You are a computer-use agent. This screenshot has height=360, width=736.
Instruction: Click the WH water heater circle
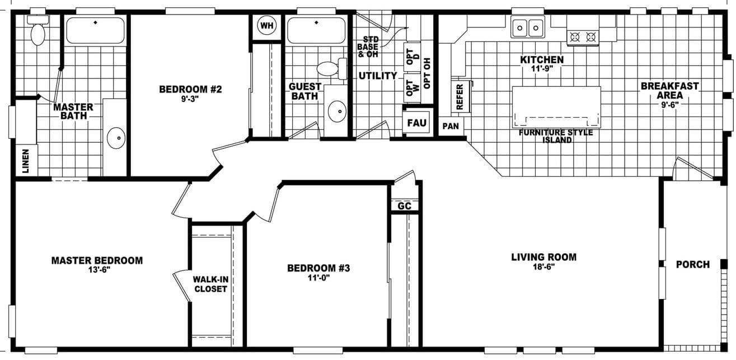(267, 26)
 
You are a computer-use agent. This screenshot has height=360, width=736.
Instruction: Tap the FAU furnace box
(416, 123)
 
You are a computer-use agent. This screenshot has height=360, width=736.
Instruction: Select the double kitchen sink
(528, 26)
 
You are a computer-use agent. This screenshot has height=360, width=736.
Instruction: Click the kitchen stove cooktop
(582, 38)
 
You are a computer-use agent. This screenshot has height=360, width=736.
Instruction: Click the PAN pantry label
(451, 127)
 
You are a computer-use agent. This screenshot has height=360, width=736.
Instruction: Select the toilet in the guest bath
(329, 69)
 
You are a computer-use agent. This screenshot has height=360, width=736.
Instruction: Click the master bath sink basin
(116, 138)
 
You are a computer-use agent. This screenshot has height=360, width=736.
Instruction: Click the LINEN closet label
(26, 160)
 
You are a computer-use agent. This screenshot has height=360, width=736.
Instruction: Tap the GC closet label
(404, 206)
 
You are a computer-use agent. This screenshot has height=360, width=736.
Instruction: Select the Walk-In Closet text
(210, 284)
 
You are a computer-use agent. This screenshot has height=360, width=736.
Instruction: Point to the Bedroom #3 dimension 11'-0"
(318, 277)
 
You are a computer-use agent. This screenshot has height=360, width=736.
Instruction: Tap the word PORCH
(692, 264)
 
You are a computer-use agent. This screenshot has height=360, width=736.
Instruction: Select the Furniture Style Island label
(556, 136)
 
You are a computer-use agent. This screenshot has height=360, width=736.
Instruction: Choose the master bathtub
(96, 30)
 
